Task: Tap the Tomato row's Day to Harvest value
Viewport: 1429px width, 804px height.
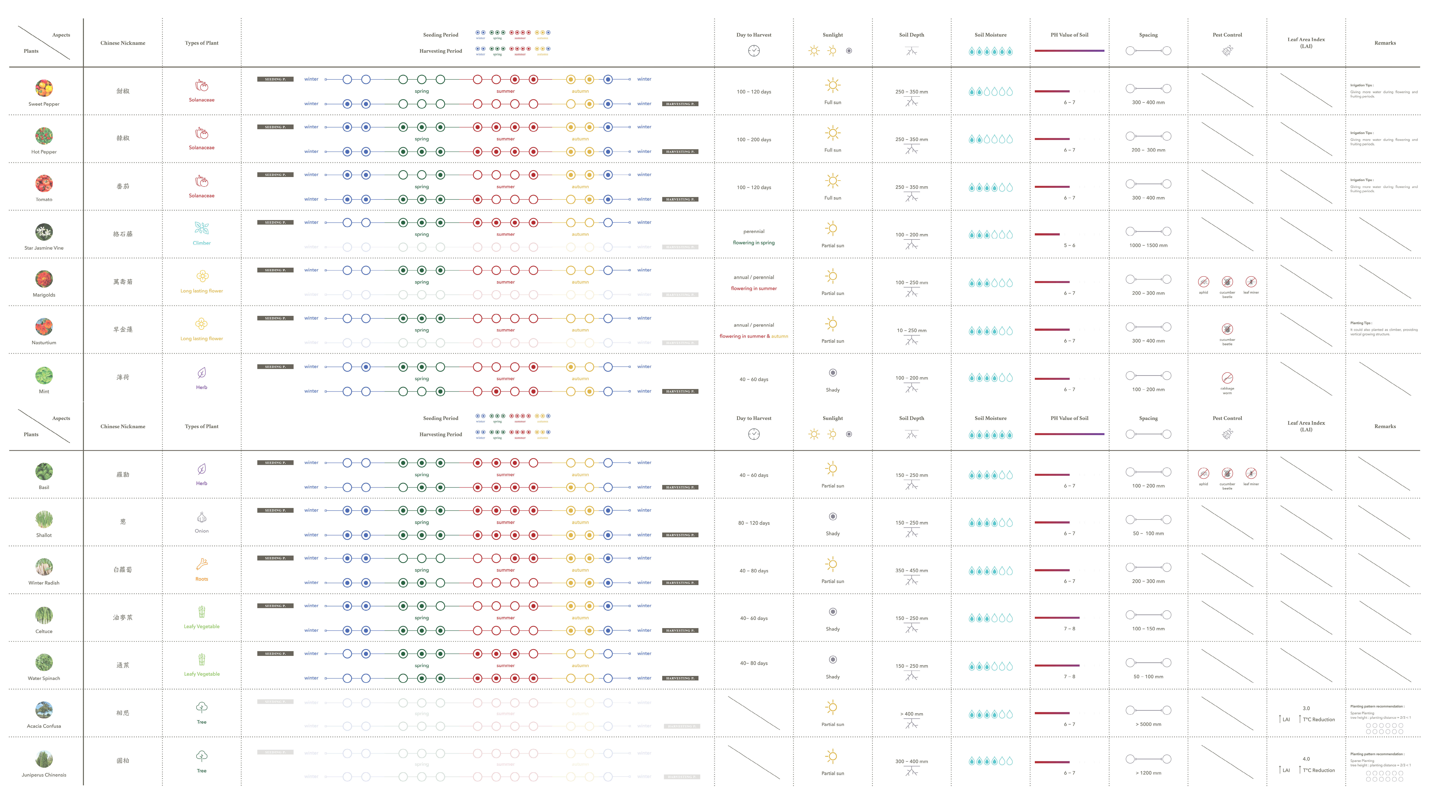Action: tap(753, 188)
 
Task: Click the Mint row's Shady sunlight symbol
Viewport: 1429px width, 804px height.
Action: tap(832, 373)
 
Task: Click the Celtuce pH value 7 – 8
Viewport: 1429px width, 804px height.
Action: tap(1069, 629)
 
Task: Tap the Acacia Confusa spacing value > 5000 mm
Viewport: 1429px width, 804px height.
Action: tap(1148, 724)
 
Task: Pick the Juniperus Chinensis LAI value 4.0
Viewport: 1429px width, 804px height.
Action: tap(1306, 758)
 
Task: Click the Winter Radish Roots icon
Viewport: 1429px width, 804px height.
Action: tap(201, 564)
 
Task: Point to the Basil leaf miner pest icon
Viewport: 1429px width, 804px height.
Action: tap(1250, 473)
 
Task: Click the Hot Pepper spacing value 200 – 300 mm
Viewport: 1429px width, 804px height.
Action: tap(1148, 150)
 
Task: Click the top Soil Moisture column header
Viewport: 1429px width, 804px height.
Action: tap(990, 35)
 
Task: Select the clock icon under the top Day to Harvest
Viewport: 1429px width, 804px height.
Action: tap(753, 51)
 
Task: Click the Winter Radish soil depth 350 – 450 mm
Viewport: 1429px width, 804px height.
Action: tap(911, 570)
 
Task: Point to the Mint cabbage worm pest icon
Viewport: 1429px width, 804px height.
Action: tap(1227, 378)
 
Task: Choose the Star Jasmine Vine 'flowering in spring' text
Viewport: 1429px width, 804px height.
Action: tap(753, 242)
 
